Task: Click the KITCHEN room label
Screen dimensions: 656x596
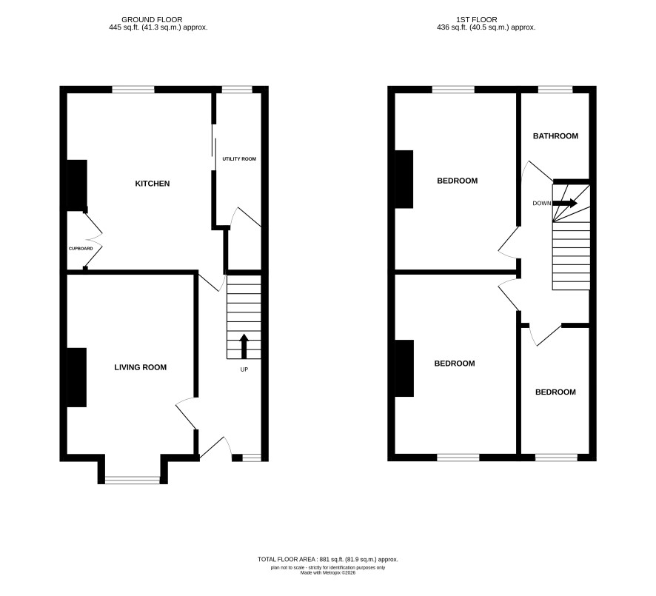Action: pos(153,184)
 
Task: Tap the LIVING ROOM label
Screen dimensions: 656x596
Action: pos(141,367)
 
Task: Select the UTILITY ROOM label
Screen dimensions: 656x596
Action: pos(239,159)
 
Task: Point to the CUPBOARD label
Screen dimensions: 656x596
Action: pos(81,249)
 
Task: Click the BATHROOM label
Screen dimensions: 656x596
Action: pos(555,136)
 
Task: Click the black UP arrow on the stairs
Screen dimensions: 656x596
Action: pos(244,346)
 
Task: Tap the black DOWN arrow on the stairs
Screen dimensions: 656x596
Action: pos(565,204)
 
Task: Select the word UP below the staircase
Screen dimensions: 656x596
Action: pos(244,369)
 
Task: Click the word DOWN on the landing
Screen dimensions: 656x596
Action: pos(542,204)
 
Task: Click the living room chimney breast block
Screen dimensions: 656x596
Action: pos(77,378)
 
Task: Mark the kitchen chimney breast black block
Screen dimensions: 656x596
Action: pos(78,185)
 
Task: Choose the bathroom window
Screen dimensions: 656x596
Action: pos(555,90)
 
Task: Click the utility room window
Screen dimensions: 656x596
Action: pos(237,90)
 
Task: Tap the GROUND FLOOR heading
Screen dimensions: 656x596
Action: pos(152,20)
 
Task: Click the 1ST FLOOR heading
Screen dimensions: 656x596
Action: pos(477,20)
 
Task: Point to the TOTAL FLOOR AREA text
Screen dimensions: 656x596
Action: pos(328,559)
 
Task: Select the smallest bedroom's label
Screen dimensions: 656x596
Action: pos(555,392)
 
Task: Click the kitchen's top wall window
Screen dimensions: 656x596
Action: pos(133,90)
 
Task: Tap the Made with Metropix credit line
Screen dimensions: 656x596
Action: pos(328,572)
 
